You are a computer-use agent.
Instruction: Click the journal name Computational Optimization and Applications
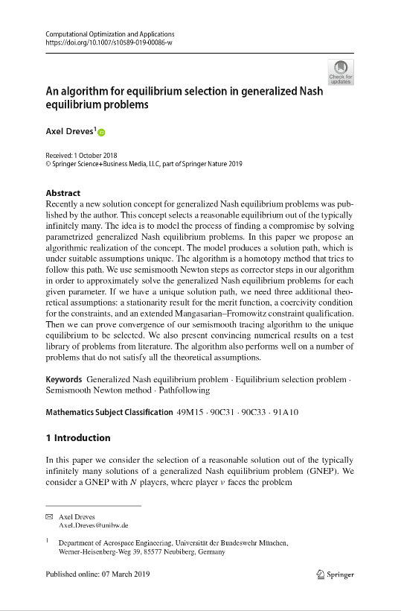[109, 34]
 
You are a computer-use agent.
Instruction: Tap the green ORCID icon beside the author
[101, 133]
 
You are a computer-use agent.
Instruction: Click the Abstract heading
[63, 193]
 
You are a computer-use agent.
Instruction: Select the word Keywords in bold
[64, 379]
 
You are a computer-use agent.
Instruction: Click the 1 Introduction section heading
[77, 437]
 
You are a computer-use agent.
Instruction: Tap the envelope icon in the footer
[49, 516]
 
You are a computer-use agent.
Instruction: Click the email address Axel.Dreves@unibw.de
[93, 525]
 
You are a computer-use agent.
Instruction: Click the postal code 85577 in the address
[150, 553]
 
